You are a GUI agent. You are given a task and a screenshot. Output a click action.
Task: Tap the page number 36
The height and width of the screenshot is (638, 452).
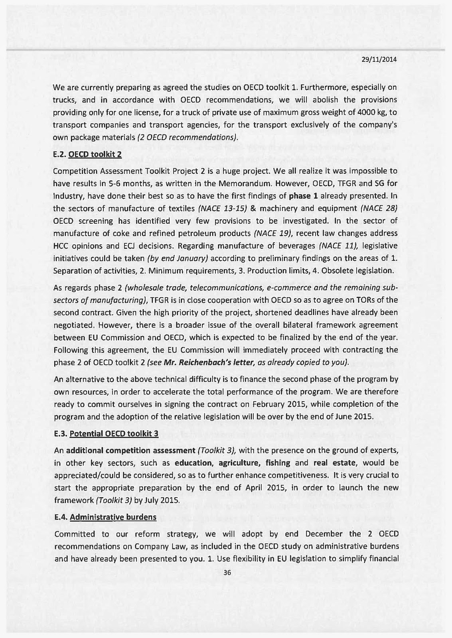pyautogui.click(x=227, y=573)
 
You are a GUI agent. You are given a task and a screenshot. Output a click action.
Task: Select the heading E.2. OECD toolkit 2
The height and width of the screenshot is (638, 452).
pyautogui.click(x=87, y=154)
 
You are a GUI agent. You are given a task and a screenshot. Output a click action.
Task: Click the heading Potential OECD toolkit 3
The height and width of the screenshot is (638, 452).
pyautogui.click(x=114, y=434)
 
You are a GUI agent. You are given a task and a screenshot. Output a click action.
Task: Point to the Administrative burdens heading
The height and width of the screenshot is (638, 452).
pyautogui.click(x=113, y=517)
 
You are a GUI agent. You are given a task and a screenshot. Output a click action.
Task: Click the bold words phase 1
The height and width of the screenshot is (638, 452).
pyautogui.click(x=304, y=196)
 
